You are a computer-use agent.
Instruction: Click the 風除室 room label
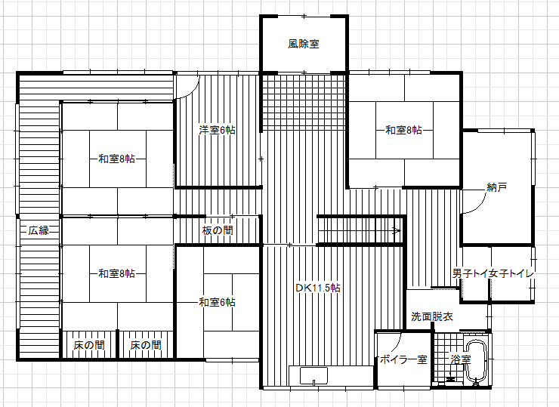point(304,44)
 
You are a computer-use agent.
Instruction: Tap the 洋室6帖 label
point(217,130)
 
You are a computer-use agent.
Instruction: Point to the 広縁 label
point(39,230)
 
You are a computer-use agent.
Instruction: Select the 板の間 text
point(218,230)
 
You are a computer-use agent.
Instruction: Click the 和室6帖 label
point(217,302)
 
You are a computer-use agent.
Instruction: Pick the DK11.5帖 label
point(318,288)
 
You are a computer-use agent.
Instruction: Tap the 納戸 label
point(496,187)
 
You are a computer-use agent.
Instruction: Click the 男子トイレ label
point(470,273)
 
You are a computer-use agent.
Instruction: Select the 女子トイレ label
point(511,273)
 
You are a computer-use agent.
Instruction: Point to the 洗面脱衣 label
point(432,316)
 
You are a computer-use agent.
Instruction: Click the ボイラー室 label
point(403,359)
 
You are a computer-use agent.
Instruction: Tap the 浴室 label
point(461,359)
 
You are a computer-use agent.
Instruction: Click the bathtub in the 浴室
point(477,362)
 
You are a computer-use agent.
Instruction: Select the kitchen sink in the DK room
point(313,376)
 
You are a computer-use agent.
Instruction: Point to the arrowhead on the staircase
point(397,230)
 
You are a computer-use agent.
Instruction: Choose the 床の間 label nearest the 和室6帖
point(146,345)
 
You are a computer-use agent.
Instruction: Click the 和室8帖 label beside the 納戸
point(403,130)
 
